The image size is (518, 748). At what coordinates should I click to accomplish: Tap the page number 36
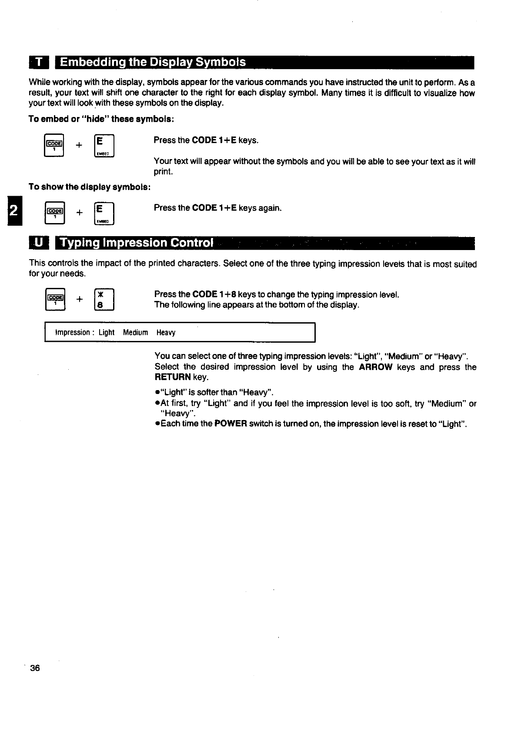(x=35, y=668)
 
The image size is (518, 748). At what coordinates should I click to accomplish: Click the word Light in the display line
(x=107, y=333)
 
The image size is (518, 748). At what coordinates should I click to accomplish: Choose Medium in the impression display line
(x=135, y=333)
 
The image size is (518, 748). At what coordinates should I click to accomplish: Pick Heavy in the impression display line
(x=166, y=333)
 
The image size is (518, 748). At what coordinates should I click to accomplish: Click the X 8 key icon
(x=104, y=299)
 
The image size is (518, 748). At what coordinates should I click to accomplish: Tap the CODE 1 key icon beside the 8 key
(x=56, y=299)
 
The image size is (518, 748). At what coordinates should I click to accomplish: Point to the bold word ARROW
(x=376, y=367)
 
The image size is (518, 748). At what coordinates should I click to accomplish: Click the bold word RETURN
(x=173, y=377)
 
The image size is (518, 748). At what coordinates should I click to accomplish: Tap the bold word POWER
(x=231, y=424)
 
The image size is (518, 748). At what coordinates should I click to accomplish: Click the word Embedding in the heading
(x=91, y=63)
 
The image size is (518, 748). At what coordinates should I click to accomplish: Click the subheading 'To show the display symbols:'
(x=90, y=187)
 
